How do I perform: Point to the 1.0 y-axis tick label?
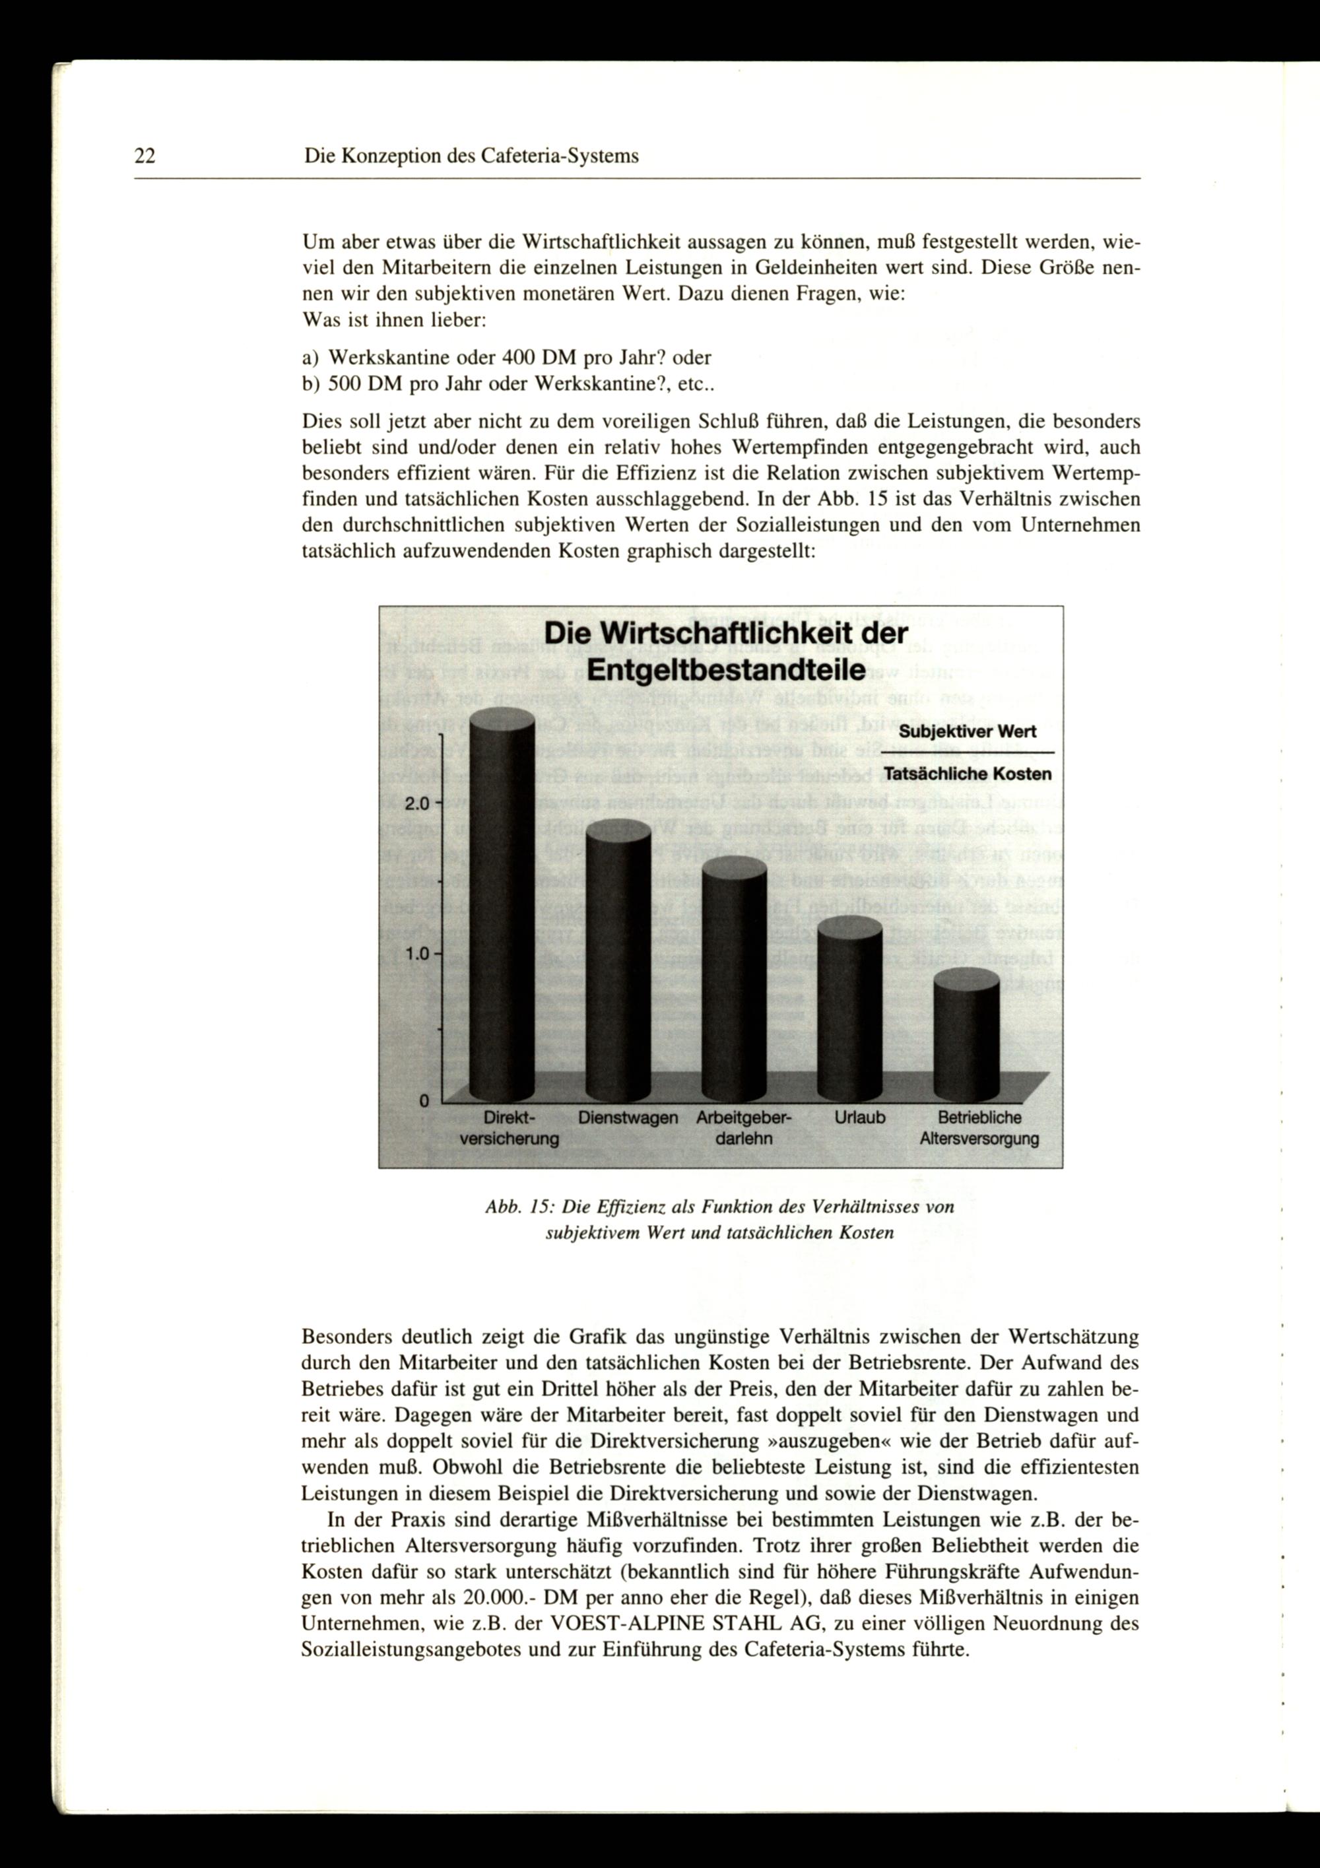pyautogui.click(x=417, y=954)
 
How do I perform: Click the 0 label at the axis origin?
pyautogui.click(x=424, y=1101)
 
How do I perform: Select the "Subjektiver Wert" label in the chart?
pyautogui.click(x=967, y=731)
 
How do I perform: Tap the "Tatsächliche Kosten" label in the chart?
pyautogui.click(x=967, y=774)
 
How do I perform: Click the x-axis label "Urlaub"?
pyautogui.click(x=860, y=1118)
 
